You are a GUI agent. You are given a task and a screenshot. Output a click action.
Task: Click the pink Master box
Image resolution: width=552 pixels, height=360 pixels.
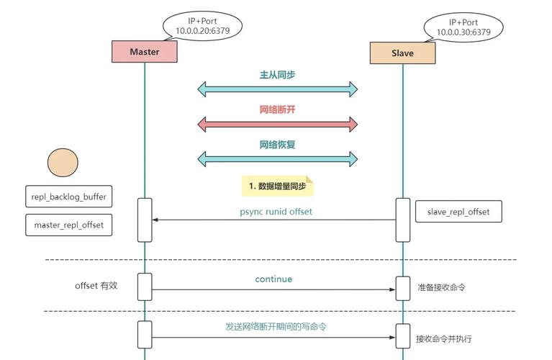point(145,52)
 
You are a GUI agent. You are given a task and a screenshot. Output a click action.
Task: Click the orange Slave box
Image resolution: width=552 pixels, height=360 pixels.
point(402,53)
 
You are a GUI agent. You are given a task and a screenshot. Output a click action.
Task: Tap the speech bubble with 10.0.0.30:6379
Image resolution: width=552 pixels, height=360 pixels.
point(463,27)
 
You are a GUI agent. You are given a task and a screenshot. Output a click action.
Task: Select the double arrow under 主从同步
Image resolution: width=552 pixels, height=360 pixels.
point(278,89)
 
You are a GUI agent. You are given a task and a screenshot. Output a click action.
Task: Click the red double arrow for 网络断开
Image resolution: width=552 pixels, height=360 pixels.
point(278,125)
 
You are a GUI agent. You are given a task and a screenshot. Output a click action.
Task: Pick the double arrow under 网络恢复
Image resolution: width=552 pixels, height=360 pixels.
point(278,159)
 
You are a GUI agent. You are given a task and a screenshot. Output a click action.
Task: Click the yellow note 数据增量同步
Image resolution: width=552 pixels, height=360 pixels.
point(277,186)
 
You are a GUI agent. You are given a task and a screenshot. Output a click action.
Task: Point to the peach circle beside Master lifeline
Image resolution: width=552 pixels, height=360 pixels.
point(63,163)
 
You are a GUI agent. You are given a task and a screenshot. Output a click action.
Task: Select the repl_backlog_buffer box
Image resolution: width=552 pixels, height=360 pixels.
point(68,197)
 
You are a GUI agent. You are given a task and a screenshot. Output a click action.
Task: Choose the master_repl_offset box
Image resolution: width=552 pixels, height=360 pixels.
point(68,225)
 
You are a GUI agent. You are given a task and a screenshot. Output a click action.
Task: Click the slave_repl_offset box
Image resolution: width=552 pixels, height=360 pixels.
point(458,212)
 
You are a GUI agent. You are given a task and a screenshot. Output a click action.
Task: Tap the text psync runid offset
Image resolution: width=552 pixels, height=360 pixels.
point(276,212)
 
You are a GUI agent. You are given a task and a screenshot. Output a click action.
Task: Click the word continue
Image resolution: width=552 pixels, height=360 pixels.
point(273,279)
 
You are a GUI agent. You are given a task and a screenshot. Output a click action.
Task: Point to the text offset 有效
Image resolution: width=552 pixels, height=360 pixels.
point(96,285)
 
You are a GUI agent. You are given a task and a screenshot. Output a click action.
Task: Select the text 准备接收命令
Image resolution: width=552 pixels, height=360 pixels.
point(441,287)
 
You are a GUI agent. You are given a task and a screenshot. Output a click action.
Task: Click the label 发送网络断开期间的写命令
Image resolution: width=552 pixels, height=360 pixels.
point(276,326)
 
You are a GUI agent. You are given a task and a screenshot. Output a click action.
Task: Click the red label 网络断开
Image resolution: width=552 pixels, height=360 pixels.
point(277,109)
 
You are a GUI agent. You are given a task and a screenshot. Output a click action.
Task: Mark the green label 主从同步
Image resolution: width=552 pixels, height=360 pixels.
point(277,75)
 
